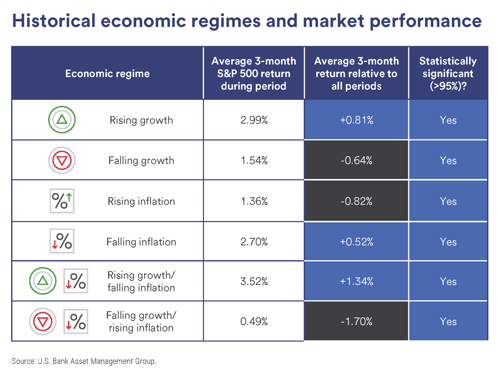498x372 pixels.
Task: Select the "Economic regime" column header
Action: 107,73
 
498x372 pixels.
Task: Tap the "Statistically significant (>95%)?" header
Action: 448,73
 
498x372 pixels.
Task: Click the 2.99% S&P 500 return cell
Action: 254,120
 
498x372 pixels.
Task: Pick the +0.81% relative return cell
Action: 356,120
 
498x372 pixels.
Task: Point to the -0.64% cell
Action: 356,160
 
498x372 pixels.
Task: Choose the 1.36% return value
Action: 254,201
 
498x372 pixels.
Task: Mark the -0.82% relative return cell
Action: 356,201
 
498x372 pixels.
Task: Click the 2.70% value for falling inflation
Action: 254,242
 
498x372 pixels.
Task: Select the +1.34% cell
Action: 356,281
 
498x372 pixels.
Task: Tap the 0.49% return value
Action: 254,321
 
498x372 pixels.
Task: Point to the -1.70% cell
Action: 356,321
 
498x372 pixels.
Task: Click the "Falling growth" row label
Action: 141,160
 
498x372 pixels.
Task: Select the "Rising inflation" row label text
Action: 141,201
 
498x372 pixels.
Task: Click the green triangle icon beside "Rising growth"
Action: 63,120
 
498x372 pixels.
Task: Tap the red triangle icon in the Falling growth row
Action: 63,160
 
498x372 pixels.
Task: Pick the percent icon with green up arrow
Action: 63,201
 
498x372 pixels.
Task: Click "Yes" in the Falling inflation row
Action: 448,242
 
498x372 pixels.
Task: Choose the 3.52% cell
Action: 254,281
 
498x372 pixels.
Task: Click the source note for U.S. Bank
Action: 84,361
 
